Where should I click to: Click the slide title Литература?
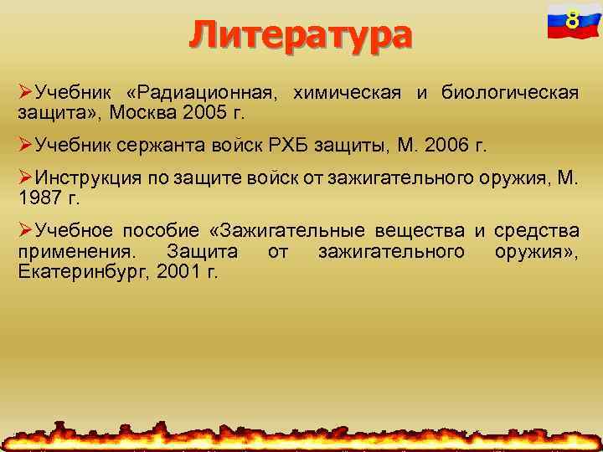301,35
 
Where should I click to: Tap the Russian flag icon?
570,22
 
